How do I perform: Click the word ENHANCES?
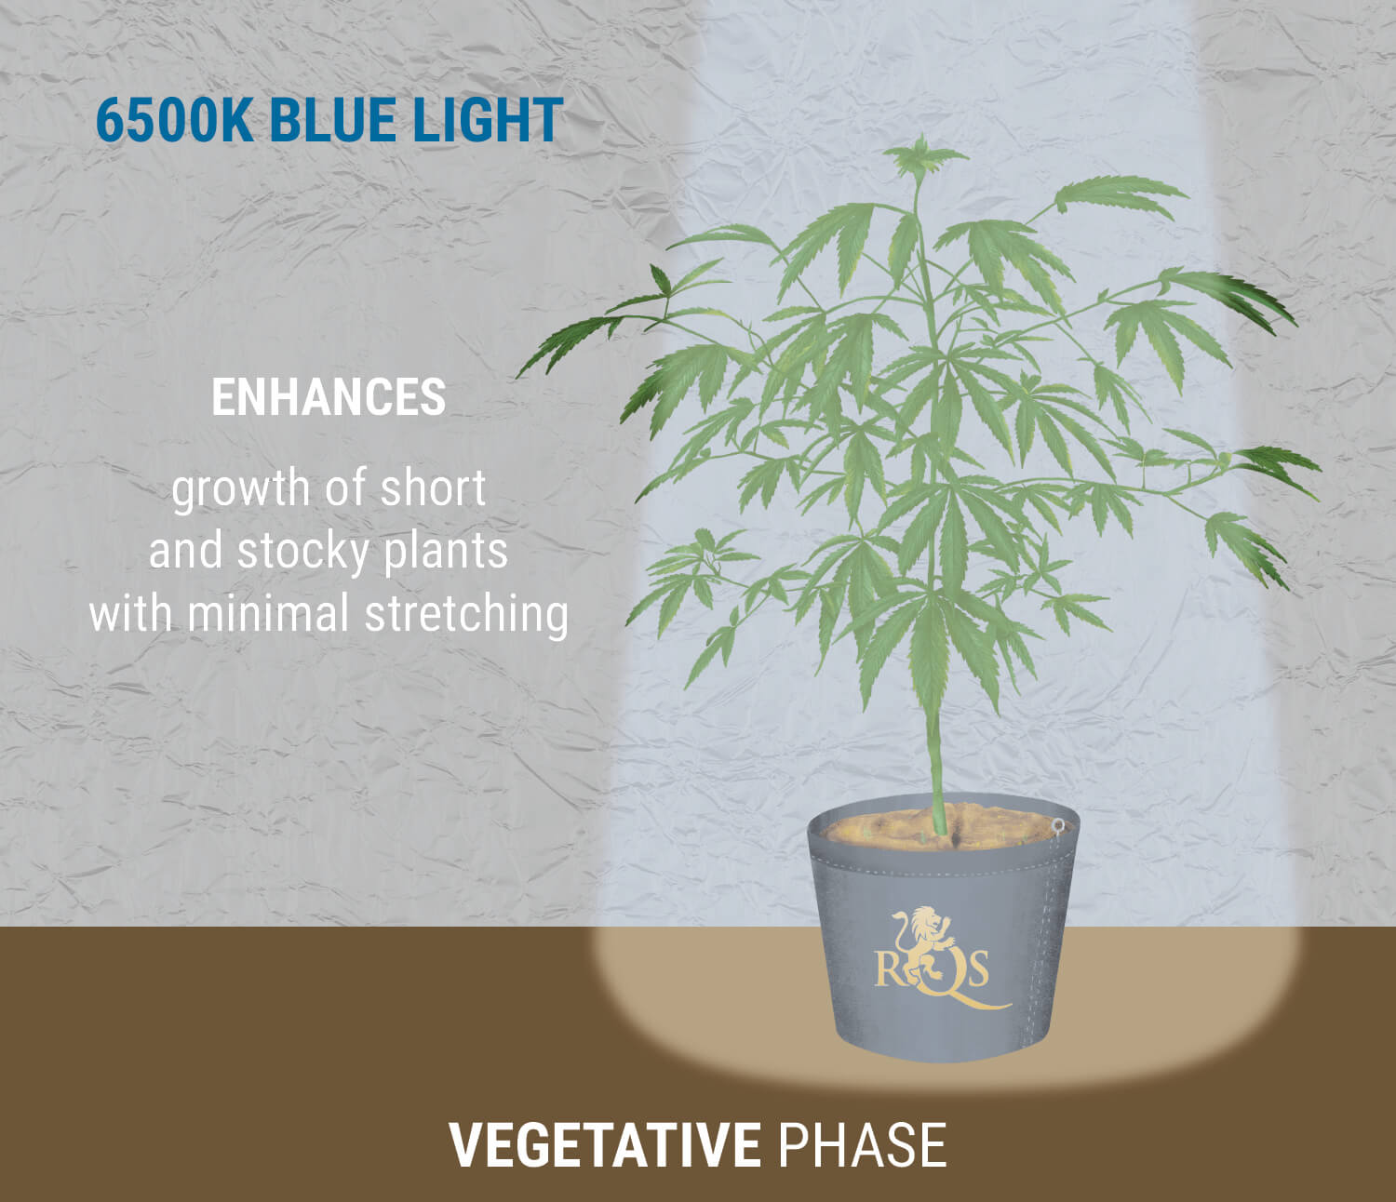coord(329,397)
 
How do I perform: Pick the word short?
coord(436,488)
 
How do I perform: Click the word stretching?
coord(466,614)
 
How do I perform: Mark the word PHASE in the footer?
coord(862,1145)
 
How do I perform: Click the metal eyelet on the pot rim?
coord(1057,824)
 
